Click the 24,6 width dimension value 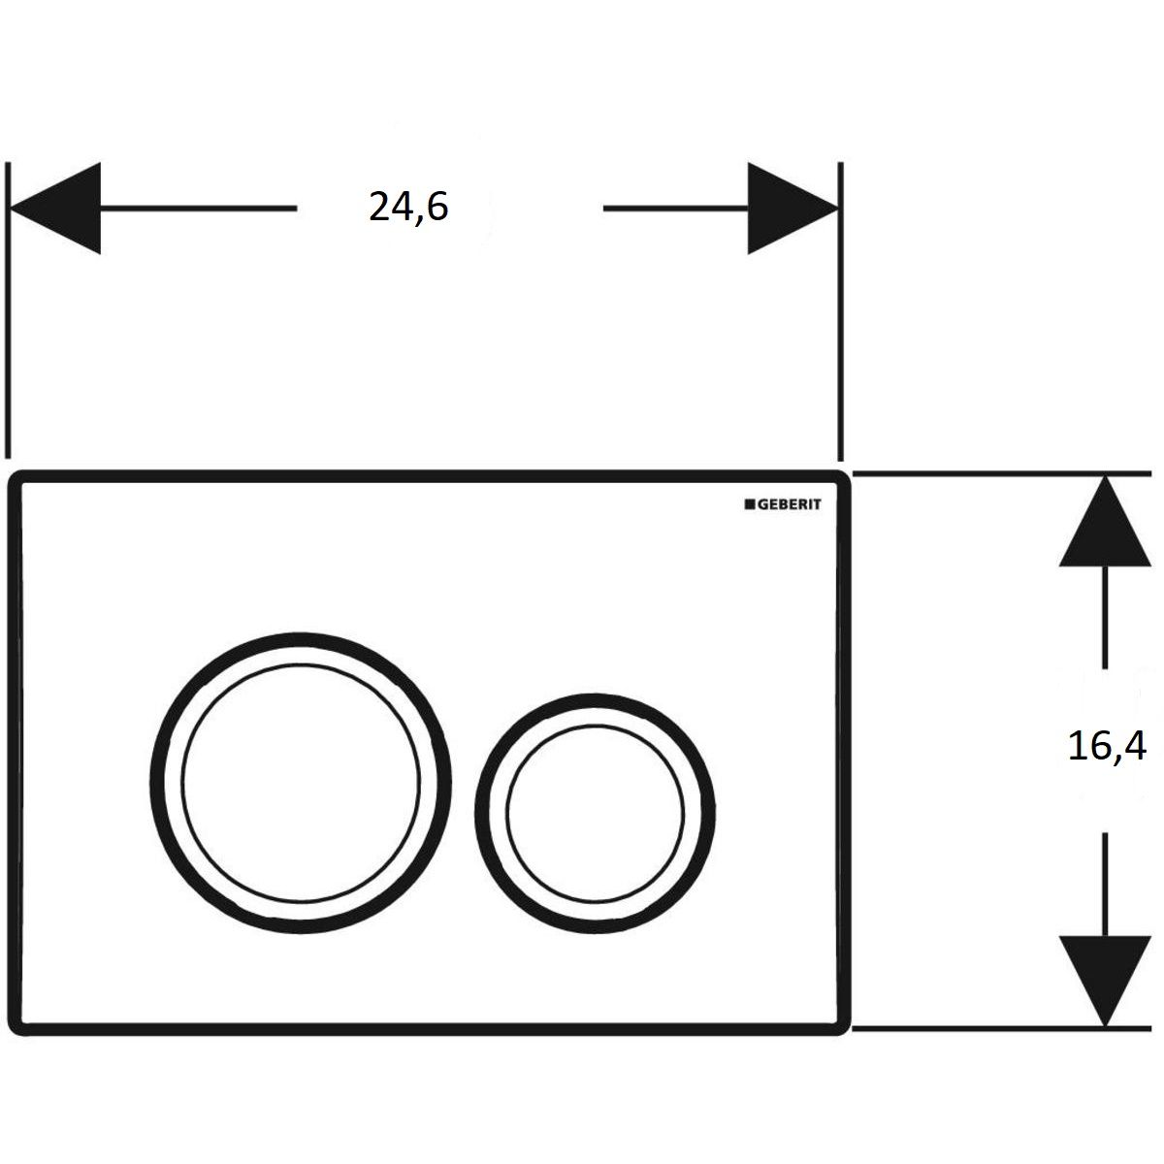click(408, 207)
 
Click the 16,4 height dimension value click(1107, 745)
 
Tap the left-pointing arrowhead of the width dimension click(55, 208)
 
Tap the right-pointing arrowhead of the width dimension click(793, 208)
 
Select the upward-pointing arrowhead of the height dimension click(1105, 521)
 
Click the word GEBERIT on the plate click(789, 504)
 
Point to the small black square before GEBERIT click(750, 504)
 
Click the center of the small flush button click(595, 813)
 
